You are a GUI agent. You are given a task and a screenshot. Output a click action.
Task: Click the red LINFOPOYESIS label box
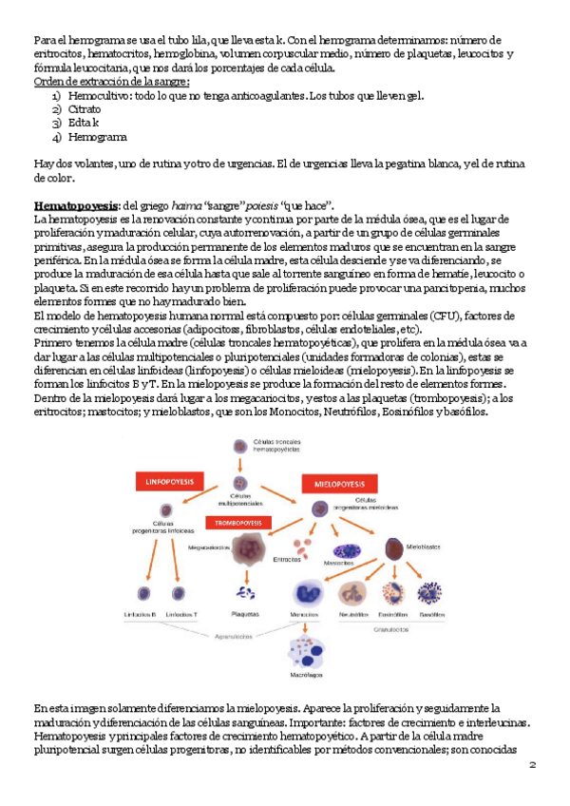168,482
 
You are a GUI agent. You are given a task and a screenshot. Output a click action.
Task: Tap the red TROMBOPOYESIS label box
235,523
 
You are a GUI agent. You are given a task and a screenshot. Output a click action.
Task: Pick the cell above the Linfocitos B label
140,594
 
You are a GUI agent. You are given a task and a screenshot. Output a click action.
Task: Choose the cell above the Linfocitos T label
179,594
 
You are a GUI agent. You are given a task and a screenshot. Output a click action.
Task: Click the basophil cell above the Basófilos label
432,594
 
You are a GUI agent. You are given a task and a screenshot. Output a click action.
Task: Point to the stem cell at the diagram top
239,446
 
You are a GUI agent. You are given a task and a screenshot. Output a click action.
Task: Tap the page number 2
533,763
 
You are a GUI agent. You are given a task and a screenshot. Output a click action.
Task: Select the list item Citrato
86,110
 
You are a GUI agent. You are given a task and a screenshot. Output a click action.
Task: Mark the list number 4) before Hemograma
57,137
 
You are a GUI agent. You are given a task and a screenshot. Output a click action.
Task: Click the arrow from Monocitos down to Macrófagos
306,625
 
